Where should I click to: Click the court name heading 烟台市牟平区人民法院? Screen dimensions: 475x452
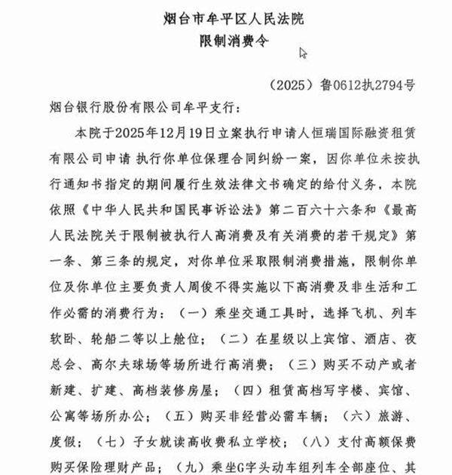click(x=225, y=17)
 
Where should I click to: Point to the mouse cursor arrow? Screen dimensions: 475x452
click(x=303, y=54)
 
